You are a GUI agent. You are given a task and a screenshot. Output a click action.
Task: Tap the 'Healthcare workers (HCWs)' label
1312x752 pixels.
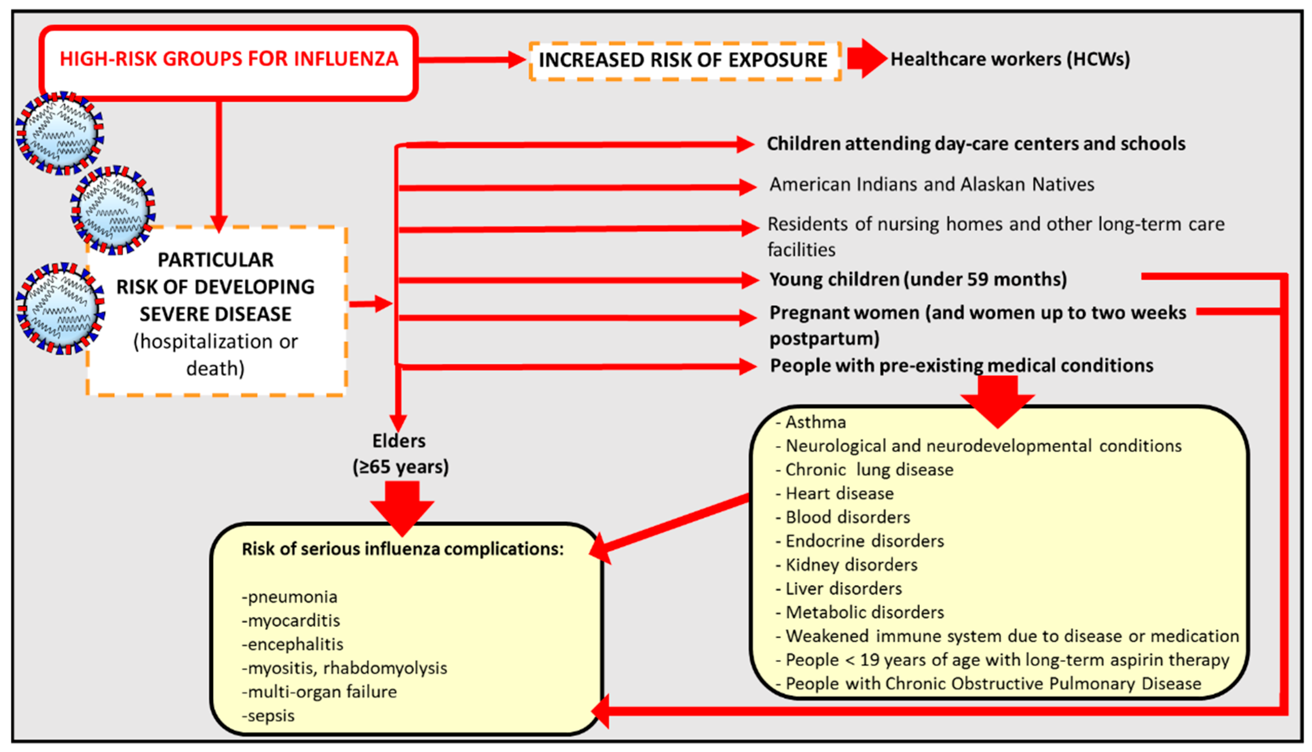click(1010, 59)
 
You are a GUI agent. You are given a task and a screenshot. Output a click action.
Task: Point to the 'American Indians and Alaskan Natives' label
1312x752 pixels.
click(931, 185)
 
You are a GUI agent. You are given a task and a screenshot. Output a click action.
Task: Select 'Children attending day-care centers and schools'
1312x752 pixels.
click(975, 144)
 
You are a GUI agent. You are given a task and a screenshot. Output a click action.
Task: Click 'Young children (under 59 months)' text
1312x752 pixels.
click(918, 279)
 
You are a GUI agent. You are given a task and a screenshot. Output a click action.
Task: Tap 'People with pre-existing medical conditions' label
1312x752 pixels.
click(961, 366)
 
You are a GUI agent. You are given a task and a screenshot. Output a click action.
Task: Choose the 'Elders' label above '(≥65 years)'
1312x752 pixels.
click(399, 441)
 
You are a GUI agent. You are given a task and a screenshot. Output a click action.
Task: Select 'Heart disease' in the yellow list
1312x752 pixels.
click(839, 494)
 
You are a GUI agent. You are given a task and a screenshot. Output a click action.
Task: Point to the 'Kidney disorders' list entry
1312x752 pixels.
click(851, 565)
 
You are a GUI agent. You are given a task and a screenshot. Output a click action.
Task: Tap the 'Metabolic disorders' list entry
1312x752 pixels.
click(865, 612)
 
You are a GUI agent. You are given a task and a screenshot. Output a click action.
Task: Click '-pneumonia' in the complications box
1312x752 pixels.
click(289, 597)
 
